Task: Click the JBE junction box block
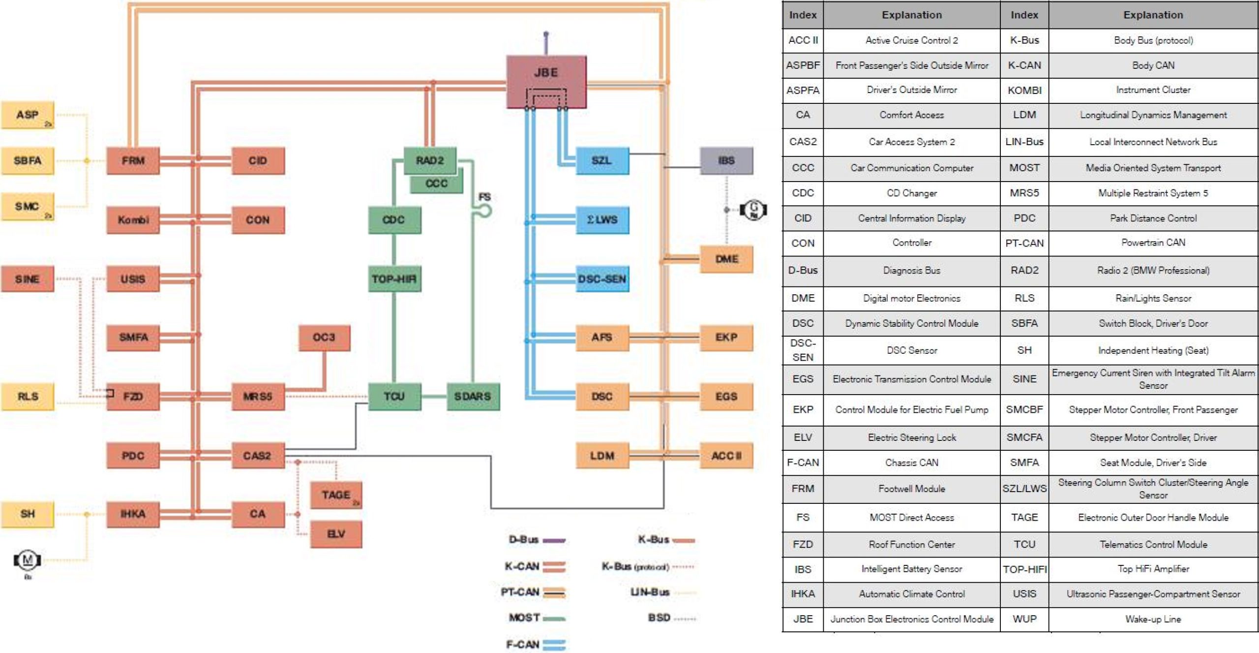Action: pyautogui.click(x=546, y=81)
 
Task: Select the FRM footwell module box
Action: pyautogui.click(x=133, y=160)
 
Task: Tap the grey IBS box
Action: pyautogui.click(x=726, y=160)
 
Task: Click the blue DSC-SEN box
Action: pyautogui.click(x=602, y=279)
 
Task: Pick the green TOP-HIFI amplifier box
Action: pyautogui.click(x=394, y=279)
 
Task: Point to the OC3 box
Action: pyautogui.click(x=324, y=338)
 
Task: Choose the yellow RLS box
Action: pyautogui.click(x=28, y=396)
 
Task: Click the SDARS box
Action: pyautogui.click(x=473, y=396)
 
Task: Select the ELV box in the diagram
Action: pyautogui.click(x=336, y=534)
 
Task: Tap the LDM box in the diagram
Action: pyautogui.click(x=602, y=456)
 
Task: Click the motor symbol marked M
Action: pyautogui.click(x=28, y=560)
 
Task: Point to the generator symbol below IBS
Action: pyautogui.click(x=753, y=210)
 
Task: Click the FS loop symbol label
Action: pyautogui.click(x=484, y=197)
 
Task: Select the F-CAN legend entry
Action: pyautogui.click(x=536, y=644)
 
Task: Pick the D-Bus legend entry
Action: pyautogui.click(x=537, y=539)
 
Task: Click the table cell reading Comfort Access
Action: pyautogui.click(x=911, y=115)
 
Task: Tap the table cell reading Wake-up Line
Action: pyautogui.click(x=1153, y=619)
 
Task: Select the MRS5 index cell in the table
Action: pyautogui.click(x=1024, y=193)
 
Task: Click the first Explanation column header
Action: pyautogui.click(x=911, y=15)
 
